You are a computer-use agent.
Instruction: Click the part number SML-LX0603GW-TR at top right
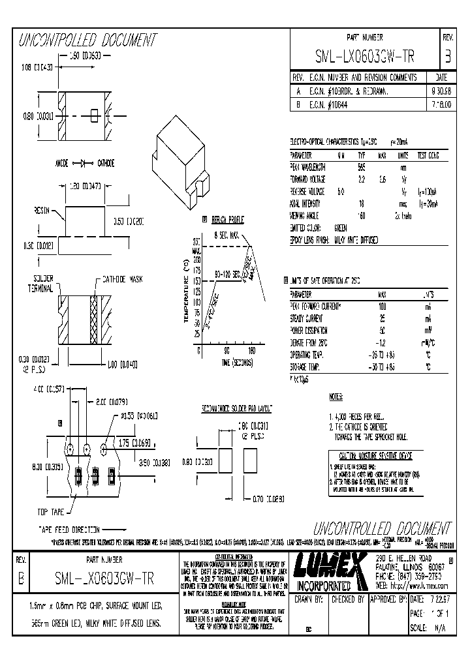365,56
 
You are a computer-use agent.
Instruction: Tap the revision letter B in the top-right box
447,56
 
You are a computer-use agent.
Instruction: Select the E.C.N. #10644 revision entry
332,104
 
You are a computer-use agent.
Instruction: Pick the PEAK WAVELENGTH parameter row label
307,168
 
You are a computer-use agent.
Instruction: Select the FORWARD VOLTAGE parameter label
309,179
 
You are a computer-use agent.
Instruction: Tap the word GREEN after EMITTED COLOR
341,228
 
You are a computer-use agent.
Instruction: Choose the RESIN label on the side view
42,211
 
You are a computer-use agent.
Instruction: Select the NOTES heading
336,396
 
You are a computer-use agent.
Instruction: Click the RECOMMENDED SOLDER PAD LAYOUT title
236,408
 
